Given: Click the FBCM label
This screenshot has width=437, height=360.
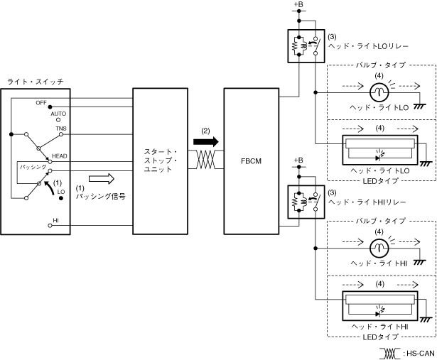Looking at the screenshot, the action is click(x=251, y=161).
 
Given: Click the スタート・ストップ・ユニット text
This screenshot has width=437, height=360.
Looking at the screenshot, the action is click(x=161, y=160).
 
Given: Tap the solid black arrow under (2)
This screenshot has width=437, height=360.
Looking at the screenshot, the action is click(x=206, y=142).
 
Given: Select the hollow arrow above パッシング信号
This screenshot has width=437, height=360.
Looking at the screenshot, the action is click(x=102, y=179).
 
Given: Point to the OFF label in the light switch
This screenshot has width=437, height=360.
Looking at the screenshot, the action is click(x=41, y=103).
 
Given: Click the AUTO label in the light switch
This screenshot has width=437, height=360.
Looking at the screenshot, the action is click(x=58, y=114).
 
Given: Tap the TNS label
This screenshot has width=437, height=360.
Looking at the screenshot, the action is click(x=61, y=129).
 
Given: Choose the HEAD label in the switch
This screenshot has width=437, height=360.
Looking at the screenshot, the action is click(x=60, y=156).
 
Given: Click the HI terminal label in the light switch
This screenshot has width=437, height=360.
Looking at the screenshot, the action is click(x=55, y=221).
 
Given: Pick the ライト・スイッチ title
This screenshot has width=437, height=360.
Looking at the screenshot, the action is click(x=36, y=82).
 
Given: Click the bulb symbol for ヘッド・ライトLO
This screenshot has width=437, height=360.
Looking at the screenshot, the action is click(x=379, y=92).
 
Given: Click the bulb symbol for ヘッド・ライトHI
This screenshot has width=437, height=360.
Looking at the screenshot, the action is click(x=379, y=248).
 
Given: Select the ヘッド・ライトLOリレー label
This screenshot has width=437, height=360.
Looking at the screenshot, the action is click(x=368, y=46).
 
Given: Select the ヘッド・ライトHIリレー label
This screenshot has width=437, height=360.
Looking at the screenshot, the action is click(x=367, y=202).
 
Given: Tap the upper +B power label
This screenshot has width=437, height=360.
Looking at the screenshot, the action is click(x=298, y=4).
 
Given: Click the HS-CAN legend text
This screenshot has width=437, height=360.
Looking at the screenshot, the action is click(x=421, y=354).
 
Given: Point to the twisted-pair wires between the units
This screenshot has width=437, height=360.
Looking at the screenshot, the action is click(x=206, y=160).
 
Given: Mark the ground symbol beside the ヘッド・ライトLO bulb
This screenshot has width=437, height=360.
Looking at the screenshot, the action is click(x=419, y=106).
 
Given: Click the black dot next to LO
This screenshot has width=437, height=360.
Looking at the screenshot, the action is click(x=61, y=199).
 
